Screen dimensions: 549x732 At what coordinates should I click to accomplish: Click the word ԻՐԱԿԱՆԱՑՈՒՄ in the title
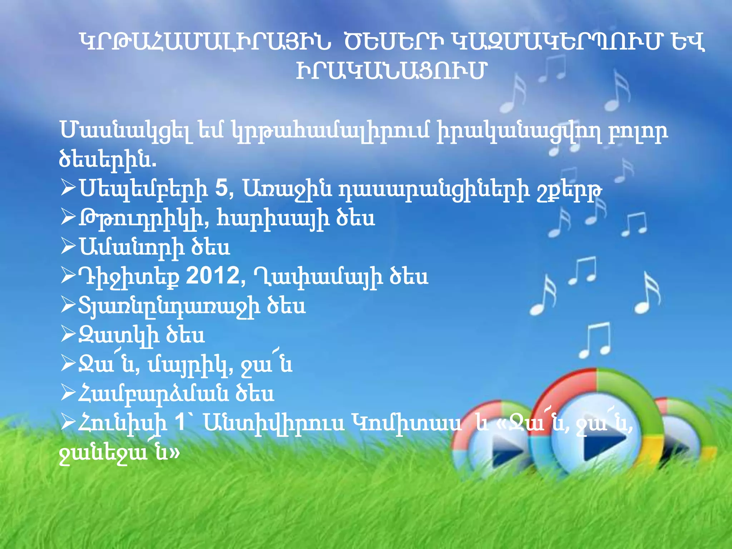(391, 71)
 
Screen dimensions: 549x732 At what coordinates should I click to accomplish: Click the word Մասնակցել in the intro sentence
(125, 131)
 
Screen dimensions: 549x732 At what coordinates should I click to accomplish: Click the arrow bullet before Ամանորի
(68, 246)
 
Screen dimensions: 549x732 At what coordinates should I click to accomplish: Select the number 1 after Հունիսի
(180, 423)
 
